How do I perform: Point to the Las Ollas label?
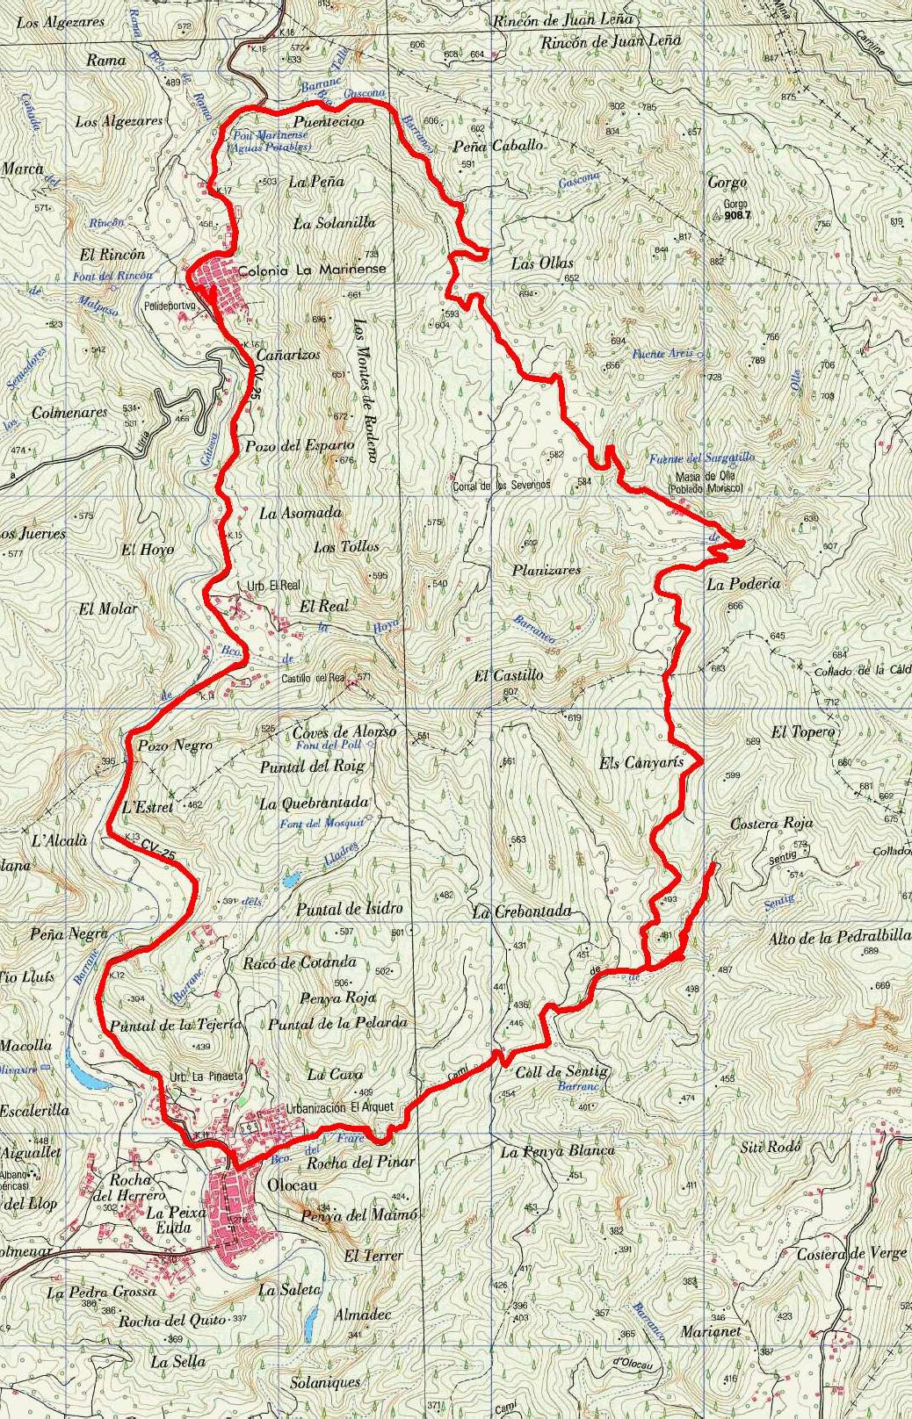tap(542, 263)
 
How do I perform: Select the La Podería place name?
tap(743, 584)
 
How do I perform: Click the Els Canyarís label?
tap(641, 763)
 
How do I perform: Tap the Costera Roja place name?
tap(771, 824)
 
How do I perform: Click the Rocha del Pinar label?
tap(359, 1162)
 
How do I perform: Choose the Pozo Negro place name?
tap(175, 746)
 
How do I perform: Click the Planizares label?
tap(546, 570)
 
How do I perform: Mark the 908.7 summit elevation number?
tap(739, 213)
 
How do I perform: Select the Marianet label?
tap(711, 1331)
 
